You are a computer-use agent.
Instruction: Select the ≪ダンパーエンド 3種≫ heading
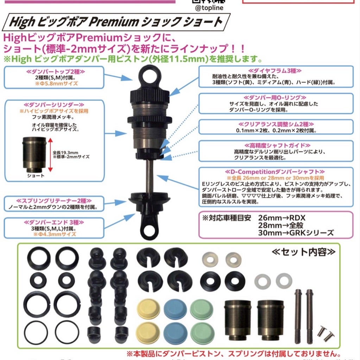pos(54,222)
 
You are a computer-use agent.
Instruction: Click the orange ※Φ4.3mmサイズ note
pos(54,233)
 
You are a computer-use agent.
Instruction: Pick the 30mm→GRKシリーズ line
pos(296,232)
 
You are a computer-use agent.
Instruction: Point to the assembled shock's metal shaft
pos(150,176)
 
